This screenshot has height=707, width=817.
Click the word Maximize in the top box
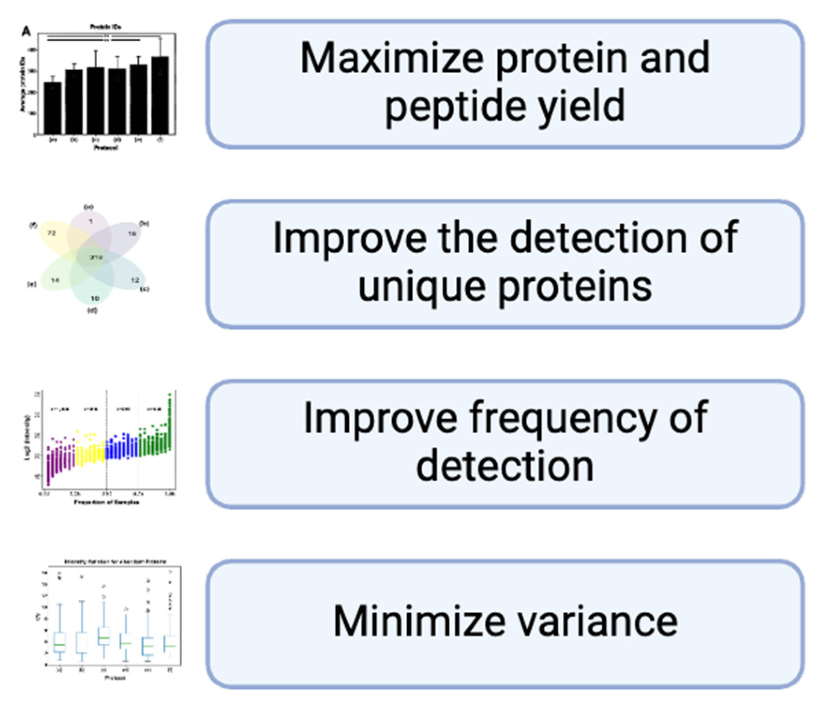(x=392, y=58)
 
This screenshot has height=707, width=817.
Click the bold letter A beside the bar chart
(x=26, y=32)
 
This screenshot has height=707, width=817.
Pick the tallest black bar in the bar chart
(x=160, y=96)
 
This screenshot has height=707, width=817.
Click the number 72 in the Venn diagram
(x=52, y=233)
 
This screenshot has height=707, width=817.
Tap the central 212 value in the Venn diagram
(x=96, y=257)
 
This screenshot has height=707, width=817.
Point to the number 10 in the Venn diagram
(x=95, y=298)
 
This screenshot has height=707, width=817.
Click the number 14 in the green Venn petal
(x=55, y=280)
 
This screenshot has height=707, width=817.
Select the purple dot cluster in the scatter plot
(x=60, y=461)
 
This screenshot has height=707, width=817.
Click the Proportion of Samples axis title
(x=106, y=503)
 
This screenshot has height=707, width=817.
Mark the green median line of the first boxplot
(x=59, y=645)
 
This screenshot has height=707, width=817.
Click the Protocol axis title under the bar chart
(x=106, y=148)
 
